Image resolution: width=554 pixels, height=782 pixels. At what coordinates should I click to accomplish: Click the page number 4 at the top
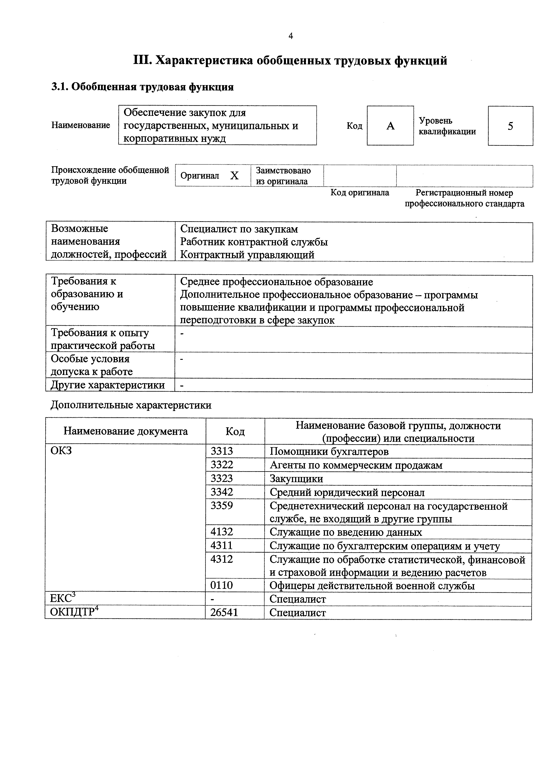coord(290,36)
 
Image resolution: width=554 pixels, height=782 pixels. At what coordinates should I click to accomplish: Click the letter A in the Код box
coord(390,126)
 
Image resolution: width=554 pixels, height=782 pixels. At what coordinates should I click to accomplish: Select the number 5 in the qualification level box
coord(510,126)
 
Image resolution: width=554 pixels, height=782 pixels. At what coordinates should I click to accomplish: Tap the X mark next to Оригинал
coord(234,176)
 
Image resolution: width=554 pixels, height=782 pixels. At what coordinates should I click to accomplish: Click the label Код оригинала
coord(360,193)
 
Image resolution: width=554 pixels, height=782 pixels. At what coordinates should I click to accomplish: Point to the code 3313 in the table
coord(222,451)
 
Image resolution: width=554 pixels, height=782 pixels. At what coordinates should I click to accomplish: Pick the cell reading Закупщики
coord(296,479)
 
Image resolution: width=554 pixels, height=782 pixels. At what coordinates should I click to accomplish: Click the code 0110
coord(222,585)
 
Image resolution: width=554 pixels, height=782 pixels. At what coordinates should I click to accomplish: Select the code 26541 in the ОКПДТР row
coord(224,613)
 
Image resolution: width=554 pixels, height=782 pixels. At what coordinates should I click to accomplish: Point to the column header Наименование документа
coord(126,431)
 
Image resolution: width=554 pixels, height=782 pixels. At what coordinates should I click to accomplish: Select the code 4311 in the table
coord(222,546)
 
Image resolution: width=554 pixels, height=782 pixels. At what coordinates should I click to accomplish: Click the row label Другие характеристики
coord(108,385)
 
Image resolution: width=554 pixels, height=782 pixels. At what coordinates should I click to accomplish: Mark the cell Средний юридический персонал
coord(347,492)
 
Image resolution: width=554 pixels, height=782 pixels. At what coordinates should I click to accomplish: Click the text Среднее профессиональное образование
coord(276,282)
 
